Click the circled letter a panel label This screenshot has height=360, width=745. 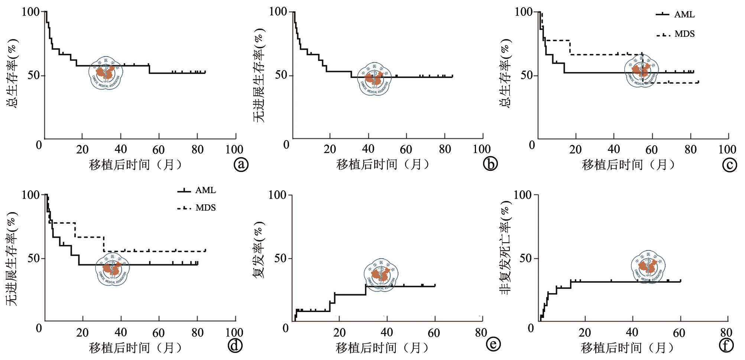coord(241,164)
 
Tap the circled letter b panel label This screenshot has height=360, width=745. coord(490,164)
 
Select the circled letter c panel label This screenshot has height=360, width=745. coord(729,165)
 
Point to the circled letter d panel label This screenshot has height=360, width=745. coord(235,346)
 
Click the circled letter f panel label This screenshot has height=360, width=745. coord(726,346)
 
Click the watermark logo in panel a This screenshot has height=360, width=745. coord(106,73)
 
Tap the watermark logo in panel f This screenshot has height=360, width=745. coord(648,267)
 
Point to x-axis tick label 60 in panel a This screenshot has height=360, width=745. coord(158,150)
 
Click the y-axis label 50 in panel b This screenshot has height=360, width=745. coord(281,75)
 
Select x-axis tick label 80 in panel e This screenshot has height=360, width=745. coord(481,333)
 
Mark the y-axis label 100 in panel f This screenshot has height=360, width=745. coord(522,195)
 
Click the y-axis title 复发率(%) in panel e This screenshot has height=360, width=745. coord(259,250)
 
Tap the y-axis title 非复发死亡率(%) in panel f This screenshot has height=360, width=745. coord(506,248)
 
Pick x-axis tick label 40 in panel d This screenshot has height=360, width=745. coord(121,333)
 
